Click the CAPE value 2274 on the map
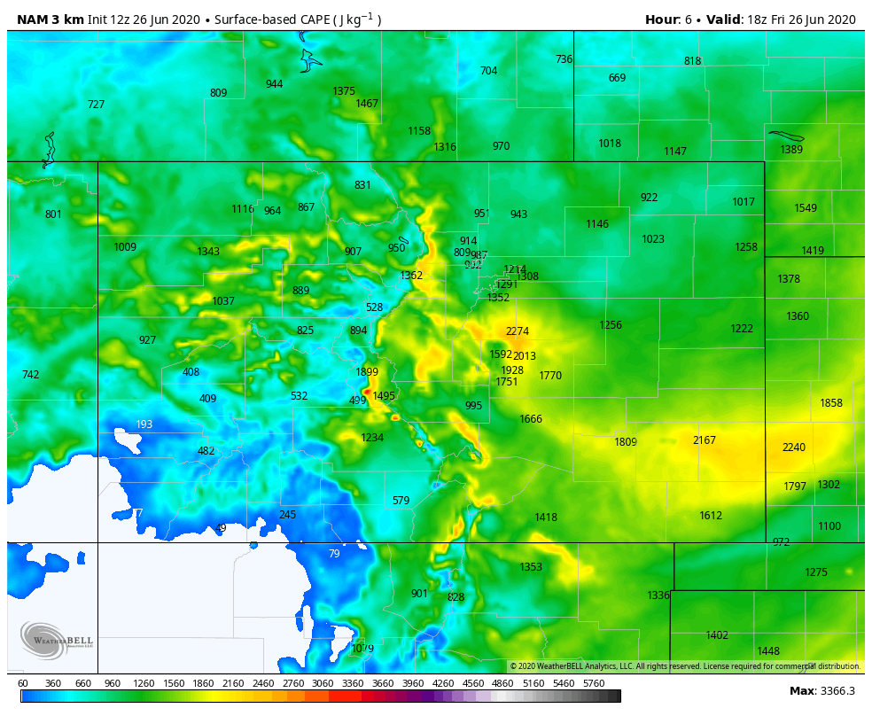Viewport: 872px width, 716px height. pyautogui.click(x=518, y=332)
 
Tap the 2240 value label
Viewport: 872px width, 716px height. pyautogui.click(x=794, y=447)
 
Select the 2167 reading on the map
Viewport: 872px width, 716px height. pyautogui.click(x=705, y=440)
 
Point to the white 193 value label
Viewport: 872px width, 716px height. pyautogui.click(x=144, y=424)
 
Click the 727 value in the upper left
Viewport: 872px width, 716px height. pyautogui.click(x=96, y=105)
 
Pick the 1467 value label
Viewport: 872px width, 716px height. pyautogui.click(x=367, y=104)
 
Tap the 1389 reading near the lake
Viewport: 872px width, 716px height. pyautogui.click(x=791, y=150)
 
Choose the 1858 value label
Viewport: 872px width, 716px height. pyautogui.click(x=831, y=403)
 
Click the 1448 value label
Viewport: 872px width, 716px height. pyautogui.click(x=768, y=651)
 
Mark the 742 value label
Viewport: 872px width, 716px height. pyautogui.click(x=30, y=375)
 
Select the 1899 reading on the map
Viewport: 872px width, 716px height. pyautogui.click(x=367, y=372)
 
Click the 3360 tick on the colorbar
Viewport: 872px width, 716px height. pyautogui.click(x=353, y=683)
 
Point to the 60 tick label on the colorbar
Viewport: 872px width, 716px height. pyautogui.click(x=23, y=683)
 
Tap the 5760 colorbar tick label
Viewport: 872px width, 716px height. pyautogui.click(x=594, y=683)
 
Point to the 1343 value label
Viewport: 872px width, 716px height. pyautogui.click(x=208, y=252)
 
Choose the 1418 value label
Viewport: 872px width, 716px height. pyautogui.click(x=546, y=518)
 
